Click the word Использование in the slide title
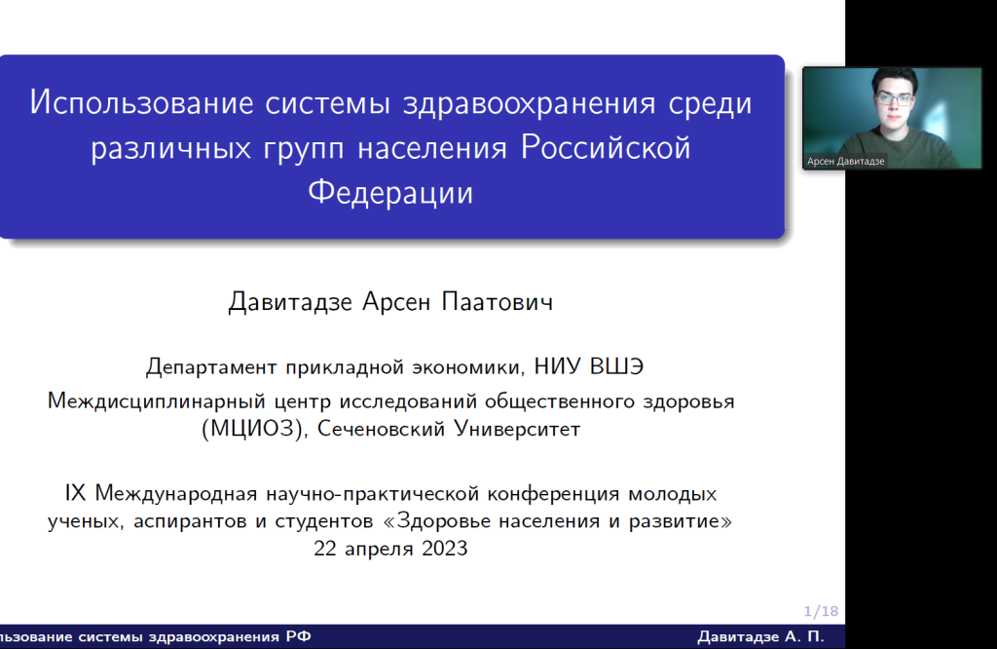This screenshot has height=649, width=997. coord(142,103)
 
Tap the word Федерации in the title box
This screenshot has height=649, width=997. coord(390,192)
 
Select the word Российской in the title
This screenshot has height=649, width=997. coord(606,147)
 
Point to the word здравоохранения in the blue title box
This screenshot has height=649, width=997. coord(529,104)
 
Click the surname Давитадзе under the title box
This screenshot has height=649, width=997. coord(290,301)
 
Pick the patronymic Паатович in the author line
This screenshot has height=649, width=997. coord(498,301)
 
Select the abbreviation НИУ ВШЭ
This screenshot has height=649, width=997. coord(589,366)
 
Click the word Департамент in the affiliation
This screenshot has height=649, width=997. coord(211,367)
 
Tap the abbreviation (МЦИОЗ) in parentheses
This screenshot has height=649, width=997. coord(252,429)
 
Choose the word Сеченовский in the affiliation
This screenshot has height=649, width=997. coord(381,429)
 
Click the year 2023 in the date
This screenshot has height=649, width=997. coord(444,549)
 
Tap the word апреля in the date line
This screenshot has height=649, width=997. coord(379,550)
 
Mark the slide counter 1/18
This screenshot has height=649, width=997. coord(821,611)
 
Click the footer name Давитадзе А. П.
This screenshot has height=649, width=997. coord(760,637)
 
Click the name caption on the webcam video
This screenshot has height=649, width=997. coord(846,162)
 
